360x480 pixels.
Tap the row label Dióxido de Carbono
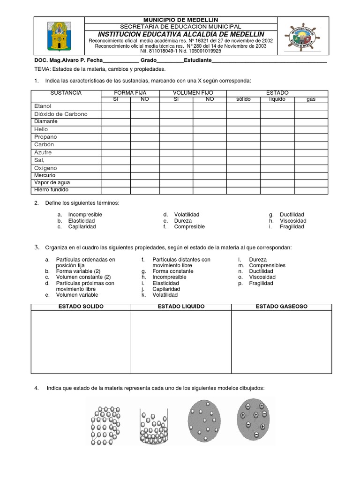[x=60, y=114]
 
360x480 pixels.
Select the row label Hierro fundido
[x=51, y=190]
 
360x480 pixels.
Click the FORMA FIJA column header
[x=130, y=93]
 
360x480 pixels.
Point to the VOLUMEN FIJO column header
[x=193, y=93]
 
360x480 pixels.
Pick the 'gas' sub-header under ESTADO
[x=311, y=99]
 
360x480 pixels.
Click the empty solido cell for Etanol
[x=243, y=107]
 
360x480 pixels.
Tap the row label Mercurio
[x=45, y=175]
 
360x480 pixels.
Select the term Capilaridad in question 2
[x=82, y=226]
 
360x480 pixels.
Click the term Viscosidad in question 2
[x=293, y=221]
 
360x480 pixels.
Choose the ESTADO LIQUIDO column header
[x=181, y=307]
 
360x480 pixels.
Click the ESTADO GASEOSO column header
[x=281, y=307]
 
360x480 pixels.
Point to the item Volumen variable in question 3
[x=77, y=295]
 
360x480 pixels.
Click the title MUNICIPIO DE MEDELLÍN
[x=181, y=20]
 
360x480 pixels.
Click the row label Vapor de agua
[x=52, y=182]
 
